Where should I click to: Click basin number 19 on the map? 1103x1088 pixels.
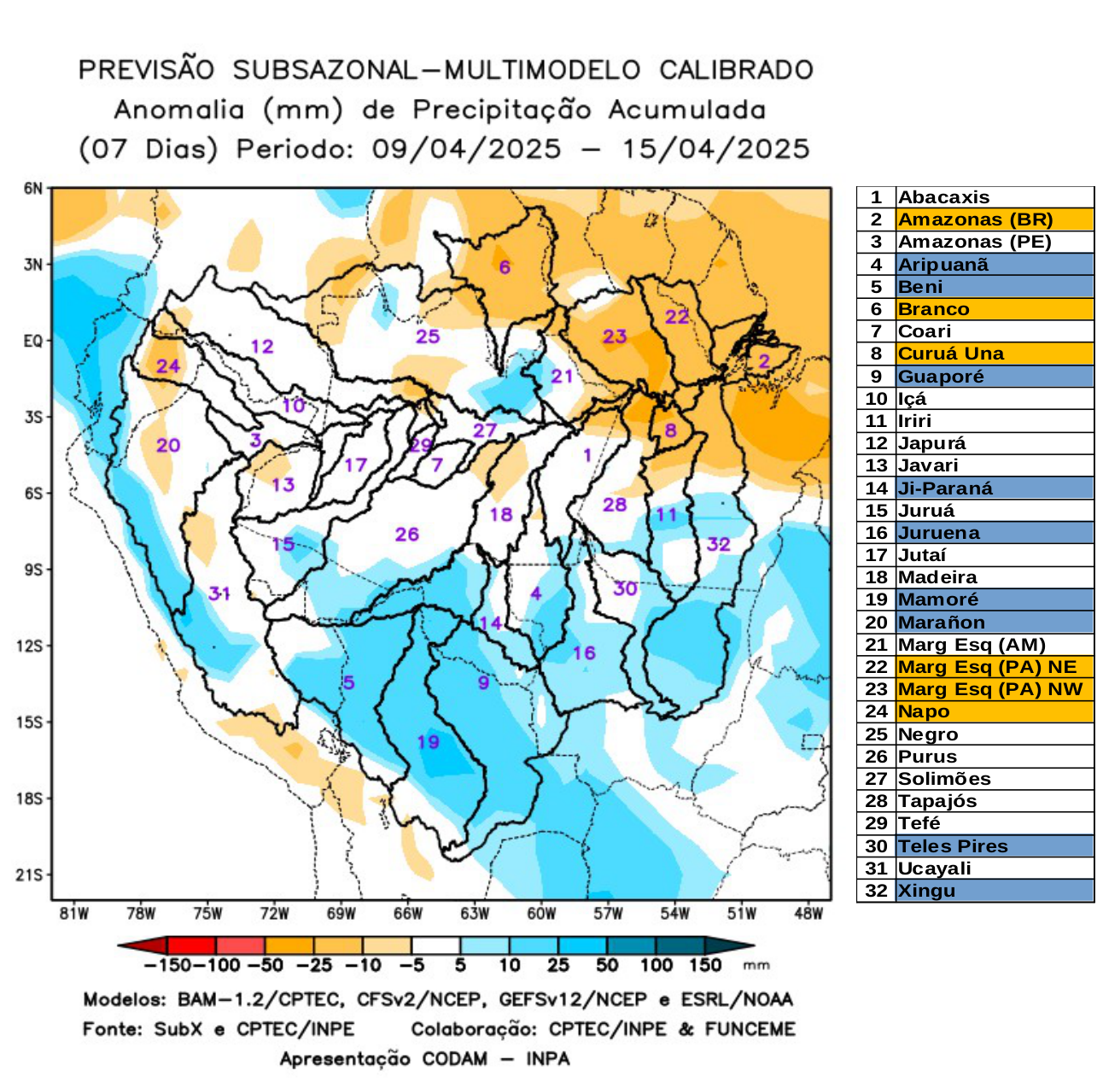click(428, 741)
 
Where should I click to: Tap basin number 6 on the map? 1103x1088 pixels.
click(505, 267)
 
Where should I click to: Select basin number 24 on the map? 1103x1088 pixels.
click(168, 366)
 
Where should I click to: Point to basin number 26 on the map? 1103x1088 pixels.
click(406, 535)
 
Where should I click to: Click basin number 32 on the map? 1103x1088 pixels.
click(719, 544)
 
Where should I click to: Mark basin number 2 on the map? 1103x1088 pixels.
click(764, 360)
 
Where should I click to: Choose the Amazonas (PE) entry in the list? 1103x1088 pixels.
click(974, 242)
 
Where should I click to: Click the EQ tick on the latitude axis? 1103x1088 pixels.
click(33, 341)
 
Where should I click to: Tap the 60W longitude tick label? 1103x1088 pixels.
click(541, 914)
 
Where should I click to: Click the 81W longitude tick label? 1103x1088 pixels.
click(74, 914)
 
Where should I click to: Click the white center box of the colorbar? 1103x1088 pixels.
click(435, 945)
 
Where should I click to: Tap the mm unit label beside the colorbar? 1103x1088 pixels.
click(756, 966)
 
